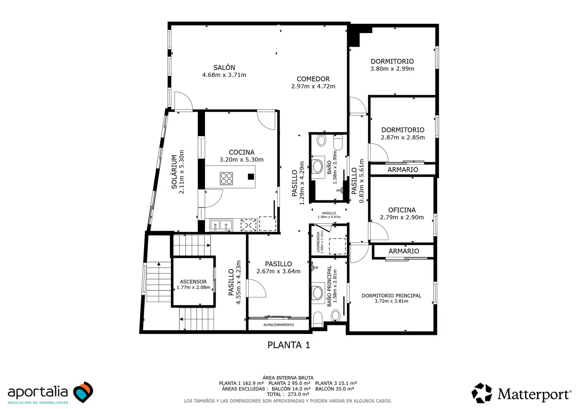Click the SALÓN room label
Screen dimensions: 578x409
224,67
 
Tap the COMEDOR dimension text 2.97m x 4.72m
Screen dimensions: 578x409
313,86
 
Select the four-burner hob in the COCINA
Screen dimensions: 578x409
226,178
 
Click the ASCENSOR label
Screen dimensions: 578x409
193,282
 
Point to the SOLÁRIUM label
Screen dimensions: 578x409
174,172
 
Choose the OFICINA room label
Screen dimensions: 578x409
402,210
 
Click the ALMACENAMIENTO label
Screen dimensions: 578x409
278,325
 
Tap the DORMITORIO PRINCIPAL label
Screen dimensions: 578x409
392,295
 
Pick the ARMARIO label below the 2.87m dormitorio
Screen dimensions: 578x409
403,170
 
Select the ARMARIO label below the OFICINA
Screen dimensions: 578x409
404,251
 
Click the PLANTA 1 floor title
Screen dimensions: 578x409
289,345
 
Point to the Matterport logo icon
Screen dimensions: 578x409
482,393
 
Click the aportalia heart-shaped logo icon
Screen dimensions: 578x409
83,392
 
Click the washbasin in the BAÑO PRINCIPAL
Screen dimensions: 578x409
318,293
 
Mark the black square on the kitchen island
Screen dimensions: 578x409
251,177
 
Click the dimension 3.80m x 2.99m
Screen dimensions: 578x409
392,69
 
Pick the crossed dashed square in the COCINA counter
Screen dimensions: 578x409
249,225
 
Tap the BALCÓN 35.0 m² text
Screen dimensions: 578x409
335,389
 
